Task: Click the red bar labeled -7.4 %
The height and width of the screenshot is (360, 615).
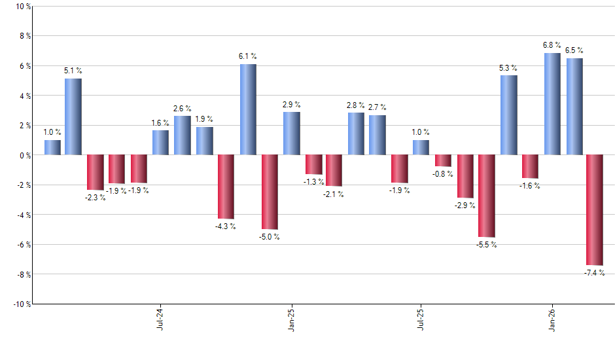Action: point(595,210)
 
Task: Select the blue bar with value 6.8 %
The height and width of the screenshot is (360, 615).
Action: point(552,104)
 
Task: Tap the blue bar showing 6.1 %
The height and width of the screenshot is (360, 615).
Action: point(248,109)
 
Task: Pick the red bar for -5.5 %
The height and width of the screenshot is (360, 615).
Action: point(487,196)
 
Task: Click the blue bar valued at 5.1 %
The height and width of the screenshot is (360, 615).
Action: point(73,117)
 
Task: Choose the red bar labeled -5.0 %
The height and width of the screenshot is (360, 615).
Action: point(270,192)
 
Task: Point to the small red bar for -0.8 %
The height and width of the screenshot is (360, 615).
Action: point(443,161)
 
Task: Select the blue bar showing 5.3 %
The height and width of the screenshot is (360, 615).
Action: point(509,115)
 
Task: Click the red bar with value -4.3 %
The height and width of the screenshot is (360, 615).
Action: point(226,187)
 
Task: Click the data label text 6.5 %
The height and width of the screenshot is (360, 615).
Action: point(574,50)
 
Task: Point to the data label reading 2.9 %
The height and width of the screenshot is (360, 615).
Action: point(291,104)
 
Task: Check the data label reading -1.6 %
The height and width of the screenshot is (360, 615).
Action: point(531,186)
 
